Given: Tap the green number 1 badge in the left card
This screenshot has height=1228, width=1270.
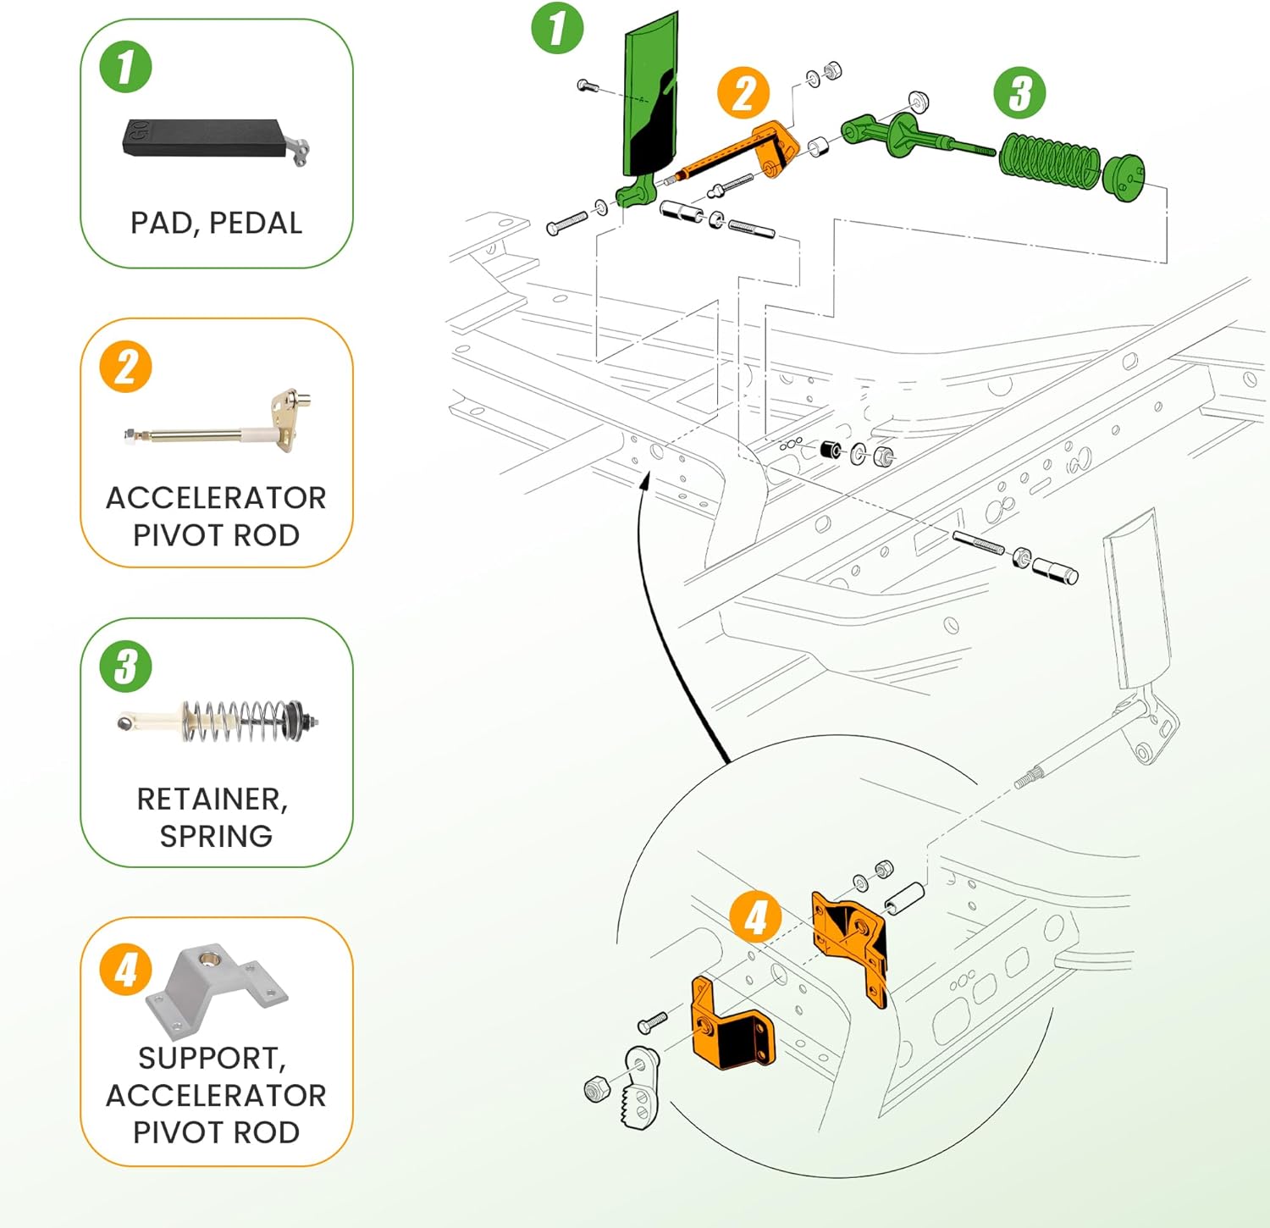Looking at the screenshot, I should [125, 68].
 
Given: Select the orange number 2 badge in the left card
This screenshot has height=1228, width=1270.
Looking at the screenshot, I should [125, 367].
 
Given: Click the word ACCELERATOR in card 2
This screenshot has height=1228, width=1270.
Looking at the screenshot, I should [216, 498].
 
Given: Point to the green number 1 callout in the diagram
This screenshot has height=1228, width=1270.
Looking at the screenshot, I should [557, 28].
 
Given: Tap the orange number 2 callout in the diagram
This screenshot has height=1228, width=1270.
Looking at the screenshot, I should [743, 93].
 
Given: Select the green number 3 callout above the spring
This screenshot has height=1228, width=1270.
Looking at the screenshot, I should [1019, 93].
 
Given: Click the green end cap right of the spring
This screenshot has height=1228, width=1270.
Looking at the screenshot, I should [1124, 178].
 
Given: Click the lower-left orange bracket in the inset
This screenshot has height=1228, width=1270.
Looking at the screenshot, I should [728, 1027].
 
